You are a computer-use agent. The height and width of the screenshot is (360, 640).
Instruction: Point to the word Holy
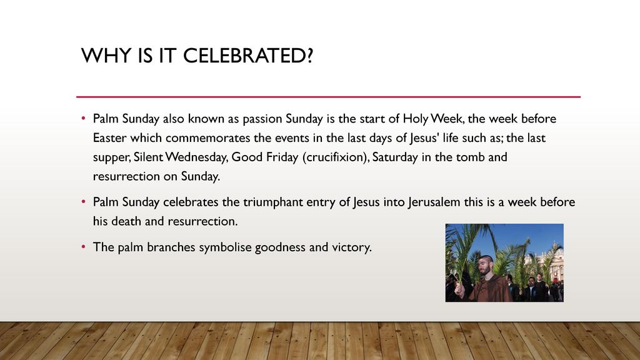[x=416, y=119]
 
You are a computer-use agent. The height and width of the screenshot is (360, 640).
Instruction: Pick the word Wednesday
[x=196, y=157]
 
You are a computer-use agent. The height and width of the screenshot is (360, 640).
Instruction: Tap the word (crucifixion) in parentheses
[x=336, y=157]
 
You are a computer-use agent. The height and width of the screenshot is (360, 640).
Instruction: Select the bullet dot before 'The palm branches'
[x=83, y=246]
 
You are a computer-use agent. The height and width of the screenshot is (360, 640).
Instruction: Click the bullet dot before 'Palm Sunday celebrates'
[x=83, y=201]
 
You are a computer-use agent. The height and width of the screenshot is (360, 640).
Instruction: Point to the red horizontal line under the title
[x=328, y=97]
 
